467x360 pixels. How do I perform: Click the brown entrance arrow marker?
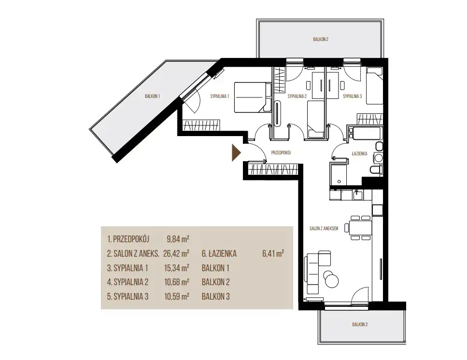(x=236, y=152)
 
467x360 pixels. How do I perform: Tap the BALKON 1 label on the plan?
(x=153, y=96)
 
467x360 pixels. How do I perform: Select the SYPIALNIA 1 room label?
(x=220, y=96)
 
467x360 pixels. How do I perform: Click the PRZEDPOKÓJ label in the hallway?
(x=281, y=152)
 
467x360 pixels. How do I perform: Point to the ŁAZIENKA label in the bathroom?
(x=359, y=153)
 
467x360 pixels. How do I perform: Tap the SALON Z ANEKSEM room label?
(x=324, y=228)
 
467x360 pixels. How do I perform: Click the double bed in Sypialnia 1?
(x=253, y=97)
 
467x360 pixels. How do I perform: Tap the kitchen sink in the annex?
(x=357, y=195)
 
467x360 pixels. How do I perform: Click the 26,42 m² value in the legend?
(x=176, y=253)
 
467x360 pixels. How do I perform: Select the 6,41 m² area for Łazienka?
(x=273, y=253)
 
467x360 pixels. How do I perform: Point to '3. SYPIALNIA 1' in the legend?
(x=127, y=268)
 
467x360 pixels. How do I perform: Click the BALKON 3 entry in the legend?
(x=215, y=297)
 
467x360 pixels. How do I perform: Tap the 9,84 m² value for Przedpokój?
(x=178, y=239)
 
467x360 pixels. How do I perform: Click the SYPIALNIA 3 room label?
(x=352, y=96)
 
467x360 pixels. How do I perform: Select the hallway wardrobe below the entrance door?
(x=273, y=169)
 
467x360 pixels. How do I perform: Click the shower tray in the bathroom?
(x=338, y=173)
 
